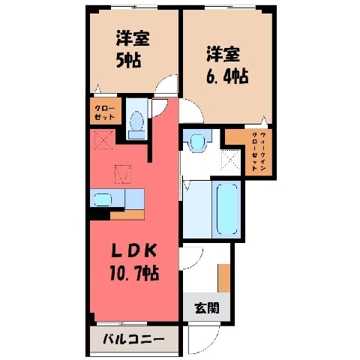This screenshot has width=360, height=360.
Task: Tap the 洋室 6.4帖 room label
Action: (x=227, y=64)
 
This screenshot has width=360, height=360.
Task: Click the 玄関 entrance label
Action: (x=207, y=307)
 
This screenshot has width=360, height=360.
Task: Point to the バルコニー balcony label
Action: (x=134, y=339)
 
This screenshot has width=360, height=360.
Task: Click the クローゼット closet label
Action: (x=105, y=112)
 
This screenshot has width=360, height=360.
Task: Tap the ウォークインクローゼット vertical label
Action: (x=259, y=151)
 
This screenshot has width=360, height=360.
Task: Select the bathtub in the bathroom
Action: (x=226, y=209)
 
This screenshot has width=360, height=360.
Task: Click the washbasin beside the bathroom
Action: (x=198, y=142)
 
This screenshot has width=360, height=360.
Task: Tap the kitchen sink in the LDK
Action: (x=103, y=199)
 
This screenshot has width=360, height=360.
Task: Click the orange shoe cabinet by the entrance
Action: (x=224, y=277)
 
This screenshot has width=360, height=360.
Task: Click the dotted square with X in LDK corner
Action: (x=104, y=139)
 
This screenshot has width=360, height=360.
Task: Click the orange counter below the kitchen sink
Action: (x=127, y=214)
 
